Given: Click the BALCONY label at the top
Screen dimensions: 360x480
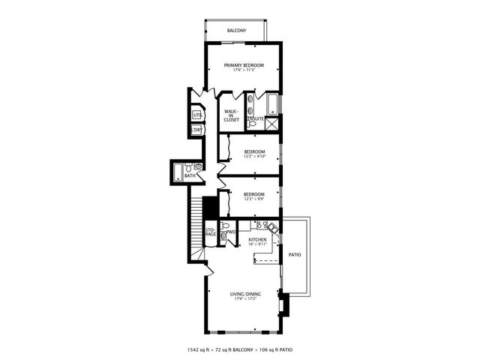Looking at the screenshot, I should click(237, 31).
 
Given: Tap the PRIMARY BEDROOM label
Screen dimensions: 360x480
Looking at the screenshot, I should click(244, 66).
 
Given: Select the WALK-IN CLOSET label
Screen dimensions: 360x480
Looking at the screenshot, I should click(231, 115).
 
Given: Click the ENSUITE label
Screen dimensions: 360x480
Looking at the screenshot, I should click(256, 118).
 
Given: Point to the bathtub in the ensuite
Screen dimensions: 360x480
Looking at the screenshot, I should click(271, 102).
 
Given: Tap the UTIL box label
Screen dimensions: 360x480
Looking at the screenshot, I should click(197, 115).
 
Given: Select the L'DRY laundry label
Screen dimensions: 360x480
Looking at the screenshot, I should click(197, 130).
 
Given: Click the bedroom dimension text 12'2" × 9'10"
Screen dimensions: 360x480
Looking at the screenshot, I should click(254, 157).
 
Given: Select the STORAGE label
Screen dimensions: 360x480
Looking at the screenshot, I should click(211, 232).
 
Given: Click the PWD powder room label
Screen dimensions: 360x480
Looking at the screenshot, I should click(232, 232).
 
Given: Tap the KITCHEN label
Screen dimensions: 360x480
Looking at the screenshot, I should click(257, 240).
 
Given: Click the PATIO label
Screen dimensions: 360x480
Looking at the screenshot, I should click(295, 255).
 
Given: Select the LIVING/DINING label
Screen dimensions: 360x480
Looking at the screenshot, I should click(244, 294).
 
